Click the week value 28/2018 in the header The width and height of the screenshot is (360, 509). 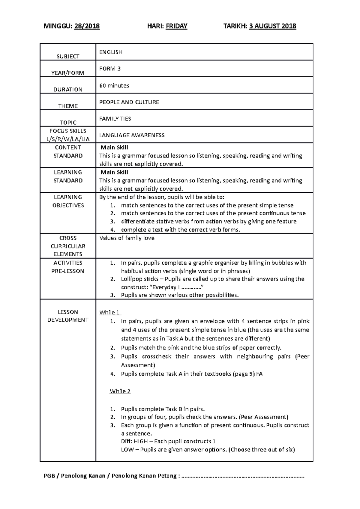[x=87, y=26]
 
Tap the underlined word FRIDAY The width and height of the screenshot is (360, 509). [x=176, y=26]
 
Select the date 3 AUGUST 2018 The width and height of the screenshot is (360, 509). [x=273, y=26]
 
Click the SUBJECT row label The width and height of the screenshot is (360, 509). [x=68, y=56]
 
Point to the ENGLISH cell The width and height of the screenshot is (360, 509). [x=111, y=52]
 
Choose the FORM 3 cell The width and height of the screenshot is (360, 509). [x=110, y=69]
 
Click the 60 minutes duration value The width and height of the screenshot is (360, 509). [x=114, y=85]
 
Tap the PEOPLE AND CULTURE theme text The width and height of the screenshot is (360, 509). [x=129, y=102]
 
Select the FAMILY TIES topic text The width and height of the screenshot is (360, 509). [x=115, y=119]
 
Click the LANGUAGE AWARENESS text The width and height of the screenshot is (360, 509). [x=132, y=135]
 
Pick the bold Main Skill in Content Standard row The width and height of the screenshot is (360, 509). [x=114, y=147]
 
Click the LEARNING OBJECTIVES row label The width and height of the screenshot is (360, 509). [x=68, y=201]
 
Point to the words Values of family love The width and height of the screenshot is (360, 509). [x=127, y=238]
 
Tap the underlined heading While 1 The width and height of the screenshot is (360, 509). [x=110, y=312]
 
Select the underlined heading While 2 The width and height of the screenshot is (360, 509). [x=120, y=391]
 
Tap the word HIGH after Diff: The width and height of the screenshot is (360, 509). [x=140, y=441]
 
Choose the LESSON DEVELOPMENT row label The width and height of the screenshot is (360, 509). [x=68, y=316]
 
